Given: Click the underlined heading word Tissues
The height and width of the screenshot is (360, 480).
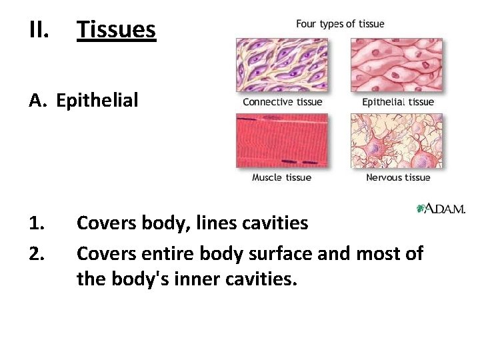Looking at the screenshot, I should point(116,30).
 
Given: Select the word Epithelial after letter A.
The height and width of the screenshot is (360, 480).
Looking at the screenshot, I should point(97,101).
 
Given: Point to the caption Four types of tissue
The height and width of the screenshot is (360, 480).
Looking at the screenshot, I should point(340,24).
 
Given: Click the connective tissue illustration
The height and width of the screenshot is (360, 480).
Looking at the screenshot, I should point(282,65).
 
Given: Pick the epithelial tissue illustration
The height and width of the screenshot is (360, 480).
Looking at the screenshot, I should point(397,65).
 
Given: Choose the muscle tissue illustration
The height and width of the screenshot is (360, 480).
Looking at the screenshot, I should point(282,141).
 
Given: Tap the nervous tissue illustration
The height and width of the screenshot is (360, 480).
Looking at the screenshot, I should point(397,141).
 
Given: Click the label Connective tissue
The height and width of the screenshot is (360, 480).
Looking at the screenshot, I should point(282,102).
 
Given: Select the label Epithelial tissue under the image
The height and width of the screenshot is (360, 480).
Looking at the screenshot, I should point(398,102).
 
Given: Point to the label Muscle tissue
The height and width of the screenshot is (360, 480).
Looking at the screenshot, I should point(281,177).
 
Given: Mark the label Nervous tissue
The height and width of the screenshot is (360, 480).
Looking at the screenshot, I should point(398,177).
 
